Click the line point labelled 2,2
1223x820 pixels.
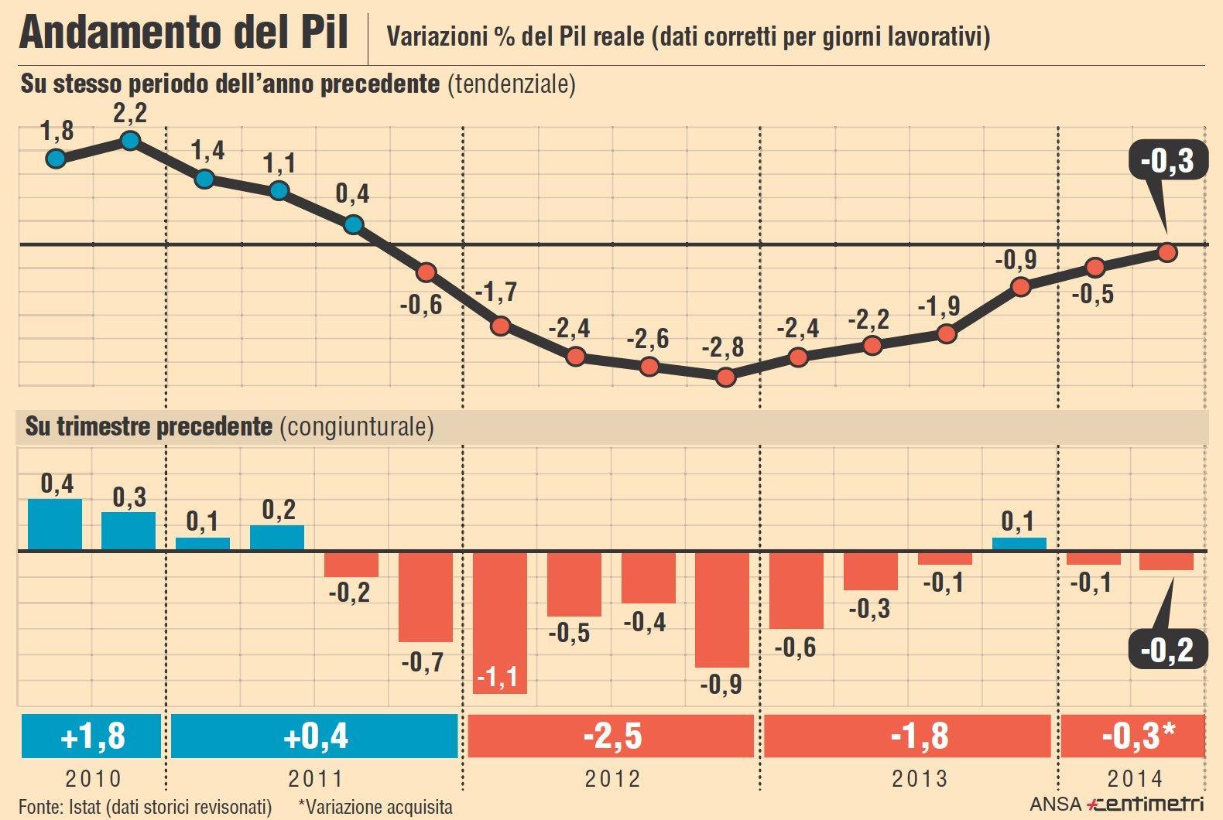[x=130, y=140]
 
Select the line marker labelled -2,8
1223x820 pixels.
[x=725, y=377]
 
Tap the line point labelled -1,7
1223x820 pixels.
[x=501, y=326]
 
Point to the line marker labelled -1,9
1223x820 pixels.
[x=946, y=334]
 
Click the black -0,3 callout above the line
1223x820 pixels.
[x=1167, y=161]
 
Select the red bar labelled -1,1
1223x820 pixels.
[x=500, y=622]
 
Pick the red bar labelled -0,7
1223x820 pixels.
[x=425, y=596]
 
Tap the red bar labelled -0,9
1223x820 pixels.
[x=722, y=609]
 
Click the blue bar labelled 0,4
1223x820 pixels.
[x=55, y=524]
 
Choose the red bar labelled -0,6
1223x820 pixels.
[x=796, y=589]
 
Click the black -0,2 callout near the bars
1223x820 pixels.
[x=1167, y=649]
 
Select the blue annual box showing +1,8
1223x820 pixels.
[x=91, y=736]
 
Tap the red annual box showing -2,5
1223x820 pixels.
[x=611, y=736]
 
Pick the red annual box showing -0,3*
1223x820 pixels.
[x=1133, y=736]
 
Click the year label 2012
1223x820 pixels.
[x=612, y=778]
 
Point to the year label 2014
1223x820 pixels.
[x=1135, y=778]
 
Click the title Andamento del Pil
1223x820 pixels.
[x=183, y=33]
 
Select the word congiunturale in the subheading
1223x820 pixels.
[x=356, y=426]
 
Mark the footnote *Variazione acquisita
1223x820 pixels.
[x=375, y=807]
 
